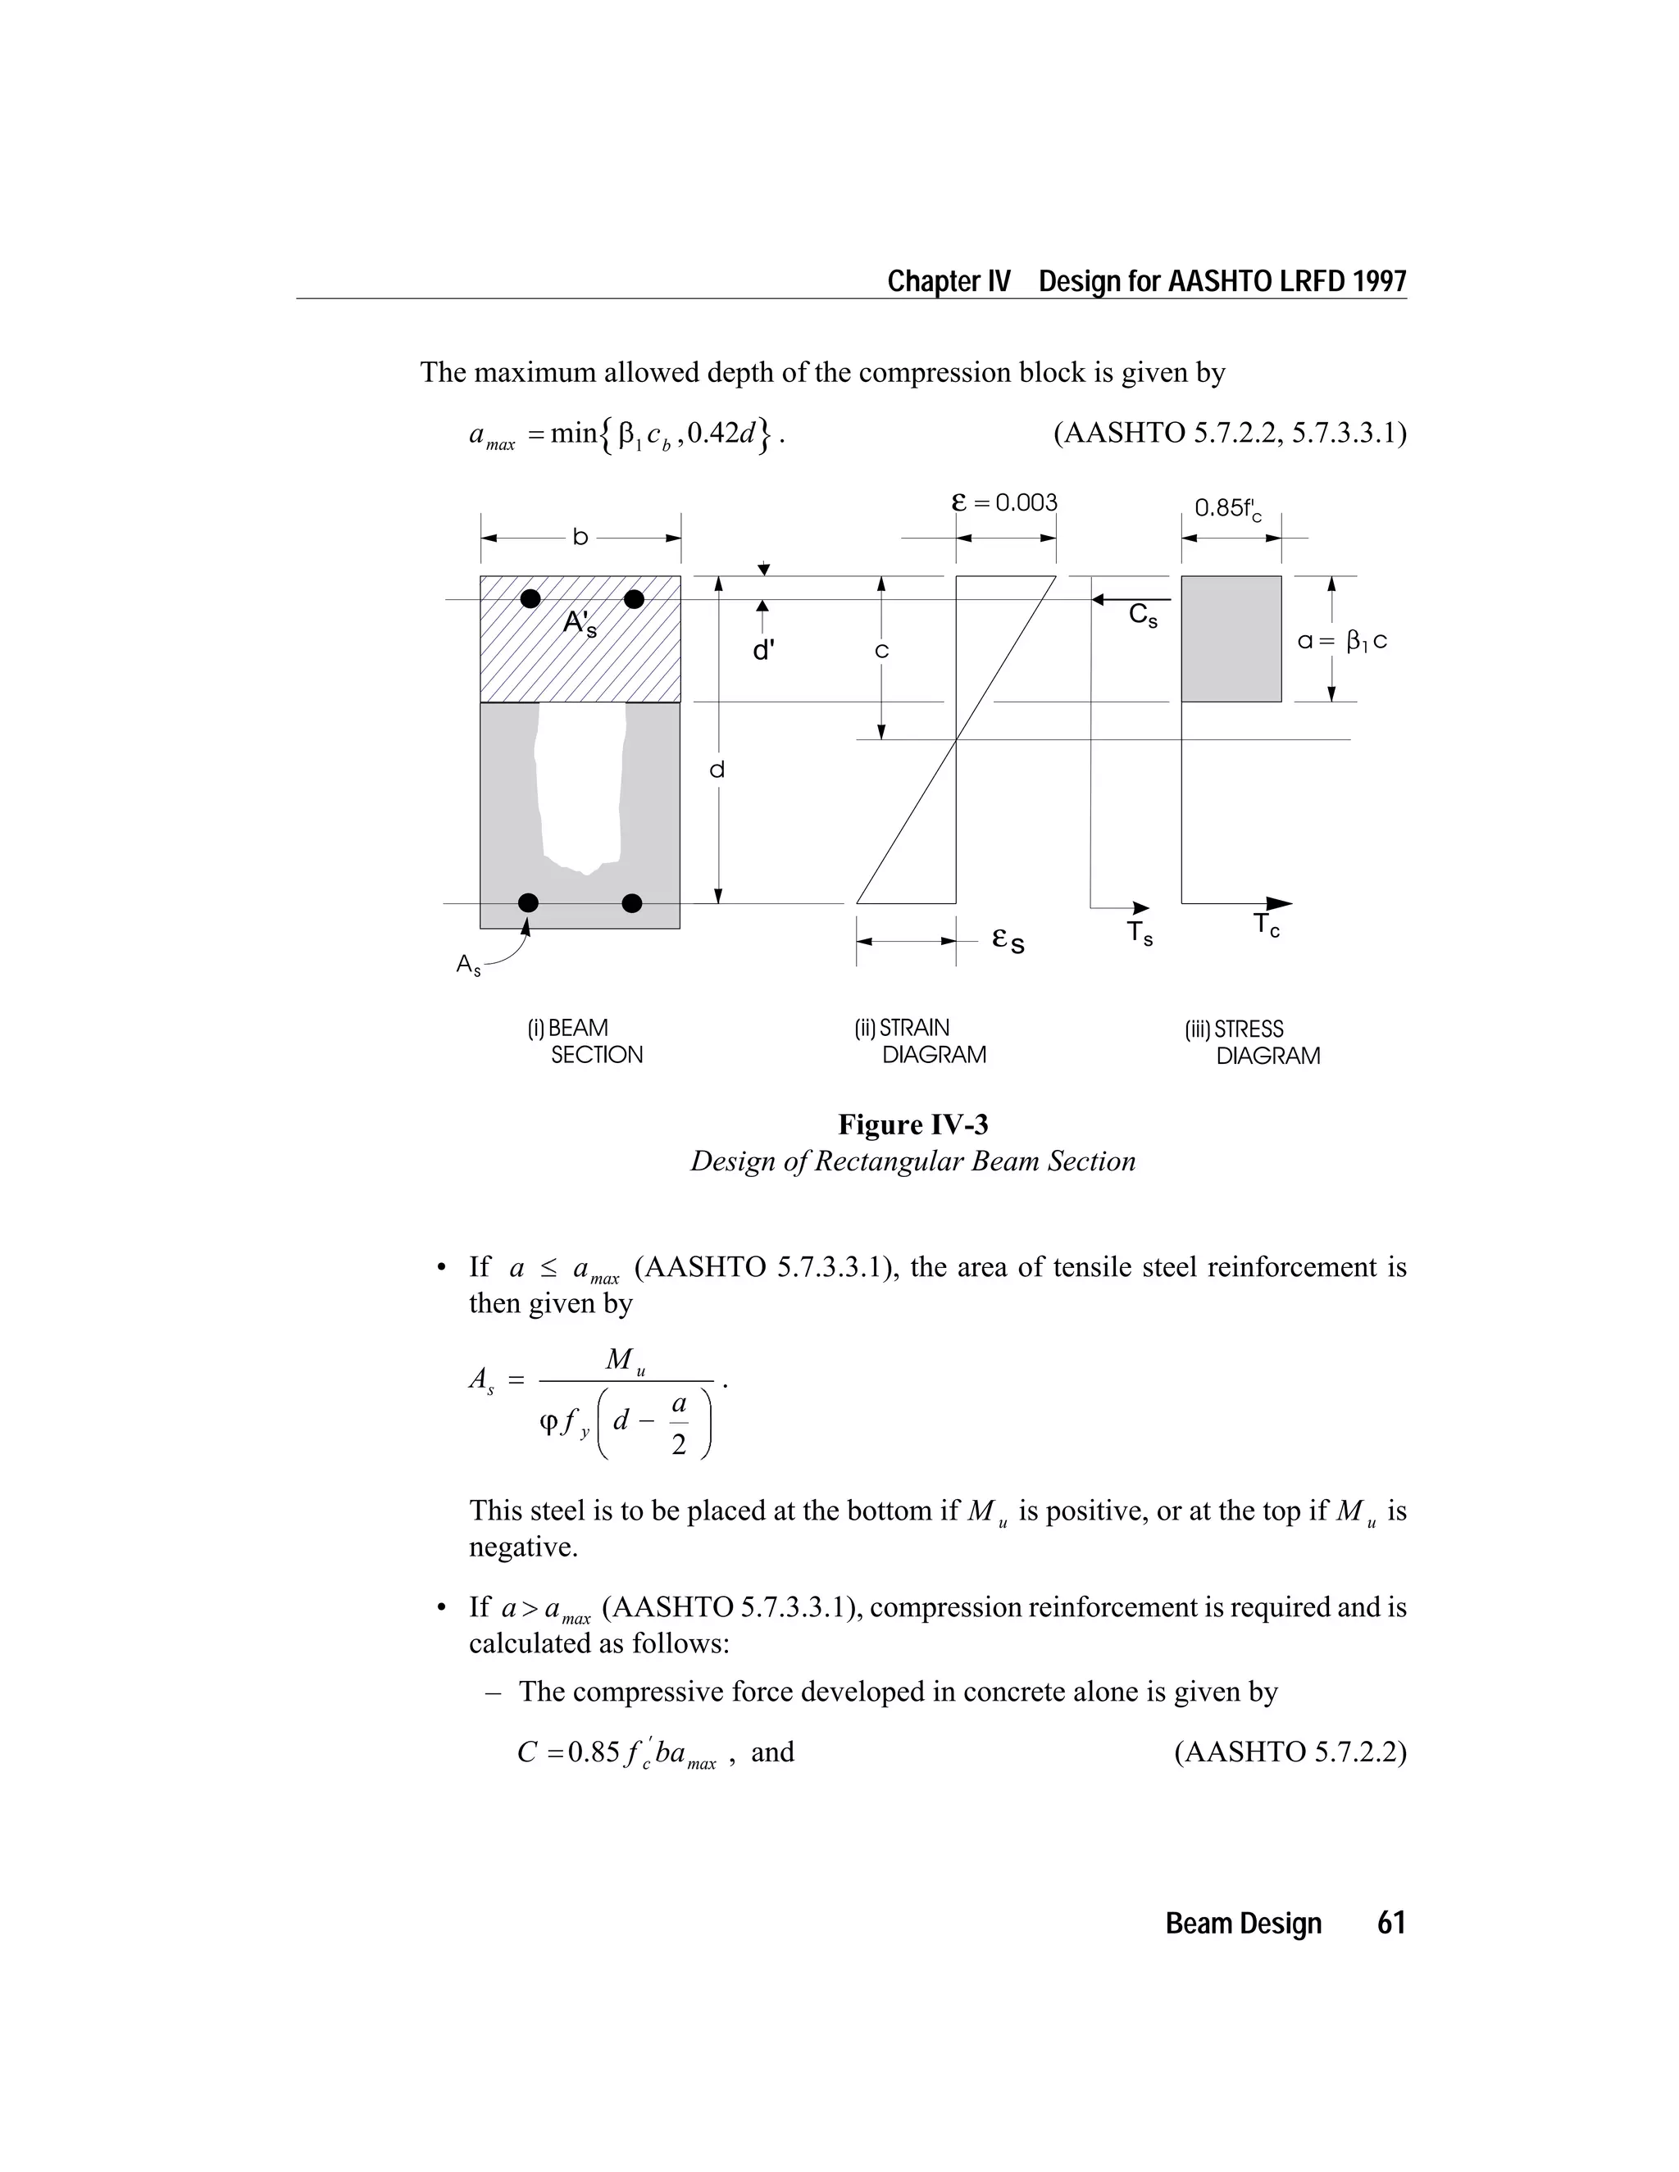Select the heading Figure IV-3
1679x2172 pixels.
coord(912,1125)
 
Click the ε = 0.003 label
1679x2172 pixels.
coord(1004,502)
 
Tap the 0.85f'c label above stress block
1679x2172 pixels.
coord(1227,509)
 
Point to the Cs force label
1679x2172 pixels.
coord(1143,616)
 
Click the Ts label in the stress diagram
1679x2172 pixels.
coord(1139,933)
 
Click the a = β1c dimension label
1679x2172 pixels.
coord(1342,642)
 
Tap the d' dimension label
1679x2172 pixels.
coord(763,652)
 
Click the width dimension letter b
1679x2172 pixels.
coord(580,538)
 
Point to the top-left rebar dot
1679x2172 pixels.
coord(531,598)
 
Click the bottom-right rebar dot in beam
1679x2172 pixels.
coord(631,903)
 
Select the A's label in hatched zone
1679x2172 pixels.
coord(580,624)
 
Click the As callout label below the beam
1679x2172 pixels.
coord(467,965)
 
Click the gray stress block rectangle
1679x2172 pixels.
coord(1231,638)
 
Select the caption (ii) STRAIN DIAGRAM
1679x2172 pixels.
coord(919,1041)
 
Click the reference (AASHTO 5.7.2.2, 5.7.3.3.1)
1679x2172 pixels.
coord(1230,434)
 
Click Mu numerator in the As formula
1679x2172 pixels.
coord(625,1361)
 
